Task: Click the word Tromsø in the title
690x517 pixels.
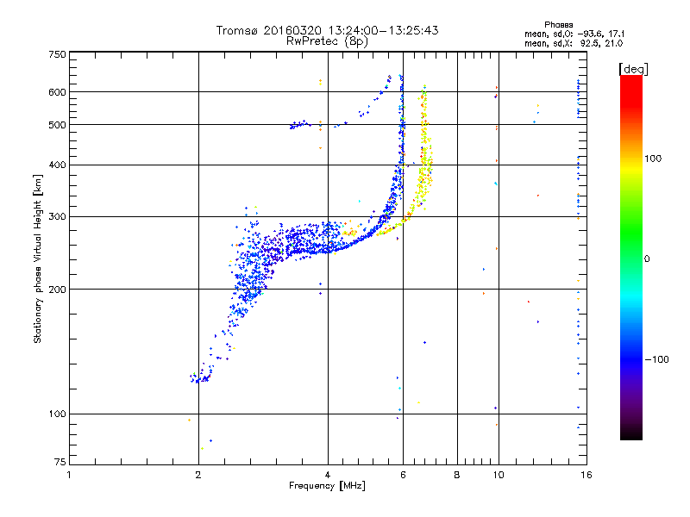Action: click(238, 30)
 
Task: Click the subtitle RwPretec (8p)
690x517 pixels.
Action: click(327, 41)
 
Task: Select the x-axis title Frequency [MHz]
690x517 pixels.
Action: click(327, 486)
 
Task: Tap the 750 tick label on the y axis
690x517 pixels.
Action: click(57, 54)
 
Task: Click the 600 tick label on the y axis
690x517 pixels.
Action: click(57, 92)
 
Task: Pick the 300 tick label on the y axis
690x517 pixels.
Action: click(57, 217)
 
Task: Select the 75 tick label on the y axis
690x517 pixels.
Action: click(60, 462)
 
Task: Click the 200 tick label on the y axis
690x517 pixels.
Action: click(57, 290)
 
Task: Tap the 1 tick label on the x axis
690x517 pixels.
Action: click(69, 475)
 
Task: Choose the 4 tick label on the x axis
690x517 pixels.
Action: click(328, 475)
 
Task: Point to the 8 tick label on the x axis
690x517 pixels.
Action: click(457, 475)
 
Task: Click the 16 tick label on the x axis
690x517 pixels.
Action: click(586, 475)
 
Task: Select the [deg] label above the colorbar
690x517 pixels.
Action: click(633, 70)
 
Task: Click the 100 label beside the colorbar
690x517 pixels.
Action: click(653, 159)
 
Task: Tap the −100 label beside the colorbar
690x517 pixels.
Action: click(656, 359)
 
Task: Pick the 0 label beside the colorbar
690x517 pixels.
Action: click(647, 259)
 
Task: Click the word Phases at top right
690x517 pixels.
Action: click(558, 25)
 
